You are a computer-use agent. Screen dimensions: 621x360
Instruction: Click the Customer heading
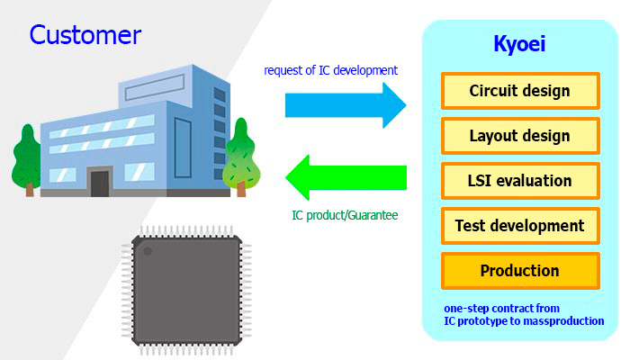click(85, 35)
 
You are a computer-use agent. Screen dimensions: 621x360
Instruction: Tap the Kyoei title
click(519, 44)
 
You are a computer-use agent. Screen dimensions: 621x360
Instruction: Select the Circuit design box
click(520, 91)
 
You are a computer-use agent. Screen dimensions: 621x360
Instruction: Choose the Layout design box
click(520, 136)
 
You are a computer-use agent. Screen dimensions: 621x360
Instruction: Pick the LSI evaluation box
click(520, 181)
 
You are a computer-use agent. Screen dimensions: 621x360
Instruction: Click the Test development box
click(520, 226)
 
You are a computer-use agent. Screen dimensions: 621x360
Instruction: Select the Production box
click(520, 271)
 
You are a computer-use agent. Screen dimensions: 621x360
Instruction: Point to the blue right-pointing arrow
click(346, 105)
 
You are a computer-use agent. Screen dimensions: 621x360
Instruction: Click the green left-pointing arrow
click(346, 177)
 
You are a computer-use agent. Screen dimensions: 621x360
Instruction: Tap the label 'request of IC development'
click(330, 70)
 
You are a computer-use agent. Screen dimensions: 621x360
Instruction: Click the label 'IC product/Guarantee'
click(345, 215)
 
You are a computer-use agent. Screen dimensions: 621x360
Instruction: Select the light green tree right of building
click(241, 157)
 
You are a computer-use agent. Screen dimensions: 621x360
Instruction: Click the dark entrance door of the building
click(100, 184)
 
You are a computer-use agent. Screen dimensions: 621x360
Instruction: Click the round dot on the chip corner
click(148, 251)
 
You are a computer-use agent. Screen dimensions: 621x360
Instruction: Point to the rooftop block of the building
click(175, 85)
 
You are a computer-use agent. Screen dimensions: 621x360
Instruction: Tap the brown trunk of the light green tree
click(241, 189)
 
